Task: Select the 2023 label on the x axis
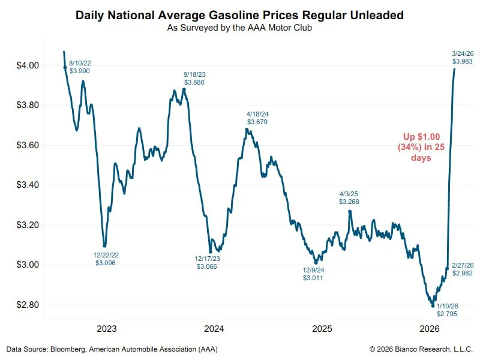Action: [x=106, y=329]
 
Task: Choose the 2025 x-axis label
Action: [x=322, y=329]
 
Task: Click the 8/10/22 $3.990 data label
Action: [x=80, y=67]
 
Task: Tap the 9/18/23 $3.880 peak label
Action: [x=193, y=78]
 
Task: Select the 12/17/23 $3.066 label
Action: [x=206, y=262]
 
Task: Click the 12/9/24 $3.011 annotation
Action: [x=313, y=274]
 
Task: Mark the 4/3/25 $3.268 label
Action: [x=349, y=198]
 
